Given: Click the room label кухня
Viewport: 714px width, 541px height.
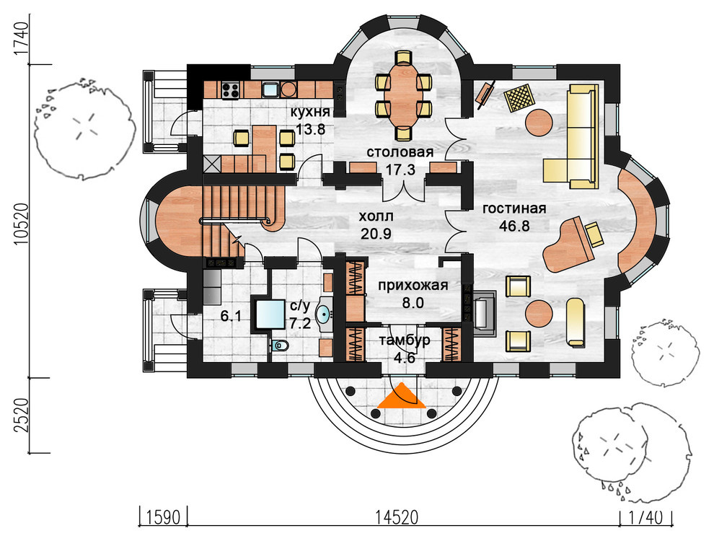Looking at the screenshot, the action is [x=310, y=113].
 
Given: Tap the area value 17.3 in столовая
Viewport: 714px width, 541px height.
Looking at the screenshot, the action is [x=400, y=170].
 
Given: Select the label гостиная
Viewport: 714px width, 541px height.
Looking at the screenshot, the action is [x=514, y=208].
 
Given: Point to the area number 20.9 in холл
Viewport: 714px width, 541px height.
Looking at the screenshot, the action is [x=376, y=234].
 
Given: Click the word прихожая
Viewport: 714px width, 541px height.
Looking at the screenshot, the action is [x=413, y=286].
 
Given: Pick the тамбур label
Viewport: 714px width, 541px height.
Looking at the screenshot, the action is [x=405, y=340].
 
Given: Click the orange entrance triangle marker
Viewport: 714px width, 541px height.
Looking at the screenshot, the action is [x=402, y=395].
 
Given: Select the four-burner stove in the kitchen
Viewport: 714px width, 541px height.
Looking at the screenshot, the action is [x=230, y=89].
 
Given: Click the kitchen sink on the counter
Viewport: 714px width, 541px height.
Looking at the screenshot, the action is [x=270, y=89].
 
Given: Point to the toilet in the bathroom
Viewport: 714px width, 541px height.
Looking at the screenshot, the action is [x=280, y=346].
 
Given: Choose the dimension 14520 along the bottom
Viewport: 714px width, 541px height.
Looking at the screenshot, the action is [x=397, y=518].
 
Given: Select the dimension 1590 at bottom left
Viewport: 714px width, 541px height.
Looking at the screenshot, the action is [x=164, y=518].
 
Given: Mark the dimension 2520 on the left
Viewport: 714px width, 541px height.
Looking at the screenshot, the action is [x=20, y=415].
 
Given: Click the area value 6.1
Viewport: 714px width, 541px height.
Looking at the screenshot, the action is [x=231, y=316].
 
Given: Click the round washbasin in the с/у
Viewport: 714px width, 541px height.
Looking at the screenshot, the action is [x=322, y=314].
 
